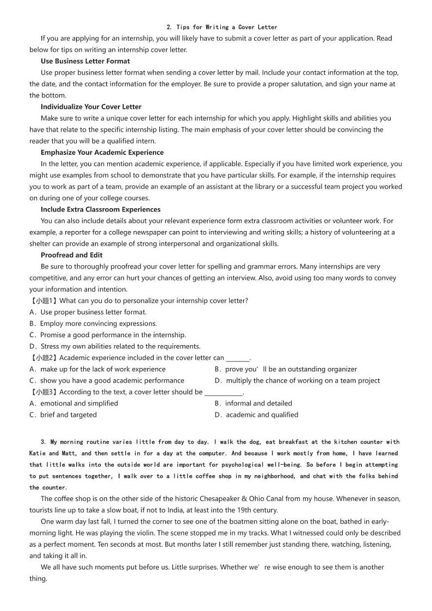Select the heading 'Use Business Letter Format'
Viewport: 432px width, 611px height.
[x=85, y=61]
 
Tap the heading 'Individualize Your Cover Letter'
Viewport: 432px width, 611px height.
[x=91, y=107]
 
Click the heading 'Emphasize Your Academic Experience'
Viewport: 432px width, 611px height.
[x=102, y=153]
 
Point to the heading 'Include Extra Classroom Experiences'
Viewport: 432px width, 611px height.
[x=100, y=209]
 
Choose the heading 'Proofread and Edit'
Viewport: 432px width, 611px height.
[x=71, y=255]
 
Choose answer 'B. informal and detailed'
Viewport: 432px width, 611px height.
[x=253, y=403]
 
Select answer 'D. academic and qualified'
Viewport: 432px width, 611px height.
[x=256, y=415]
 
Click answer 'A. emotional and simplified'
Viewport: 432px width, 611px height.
[x=73, y=403]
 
